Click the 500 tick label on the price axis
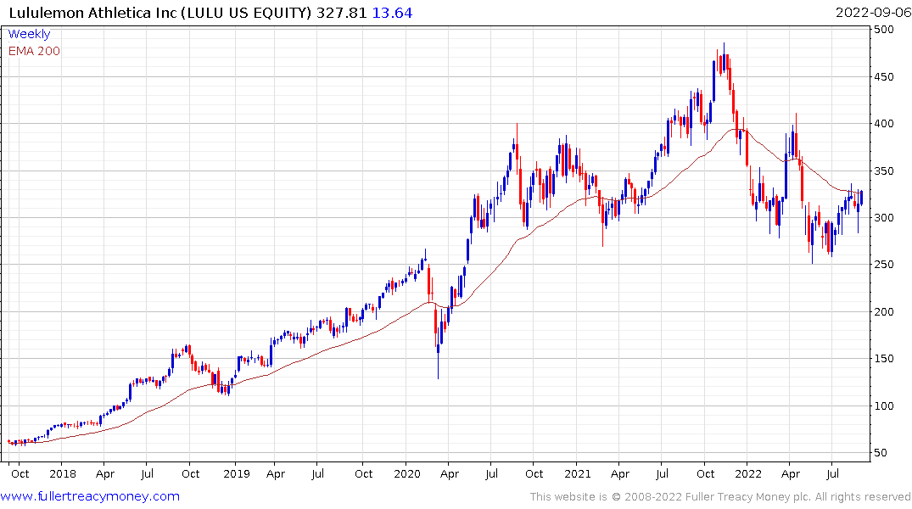[x=885, y=30]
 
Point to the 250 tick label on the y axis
[x=885, y=265]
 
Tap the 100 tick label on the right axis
[x=885, y=406]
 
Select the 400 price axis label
[x=885, y=124]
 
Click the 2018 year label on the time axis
[x=62, y=473]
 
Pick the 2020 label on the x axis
[x=406, y=473]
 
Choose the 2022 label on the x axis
[x=747, y=473]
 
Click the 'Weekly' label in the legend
[x=29, y=34]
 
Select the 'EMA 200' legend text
[x=34, y=51]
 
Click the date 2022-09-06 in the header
[x=871, y=13]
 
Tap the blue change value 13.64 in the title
[x=392, y=13]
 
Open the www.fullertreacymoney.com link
[x=91, y=496]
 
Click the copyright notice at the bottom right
[x=720, y=497]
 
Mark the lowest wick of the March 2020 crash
[x=438, y=378]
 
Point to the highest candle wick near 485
[x=724, y=43]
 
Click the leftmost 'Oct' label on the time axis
[x=20, y=473]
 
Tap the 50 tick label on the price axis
[x=881, y=453]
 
